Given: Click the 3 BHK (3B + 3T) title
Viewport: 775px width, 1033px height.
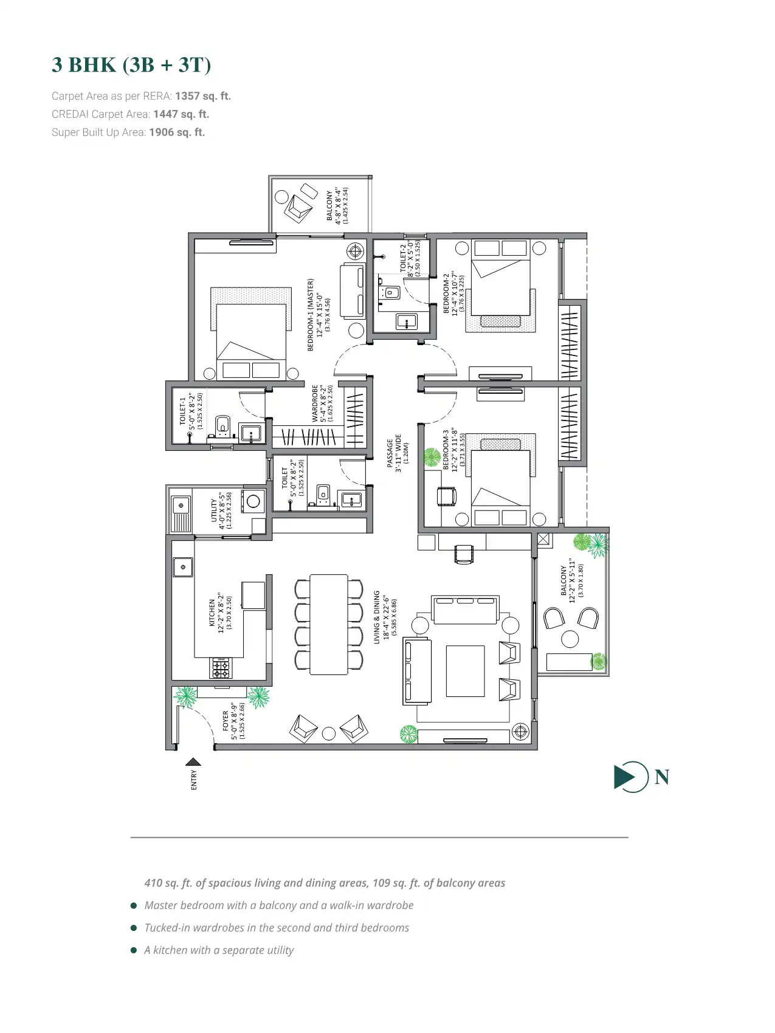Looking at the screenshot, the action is point(131,64).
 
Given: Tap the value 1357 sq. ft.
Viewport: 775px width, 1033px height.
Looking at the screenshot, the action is point(203,96).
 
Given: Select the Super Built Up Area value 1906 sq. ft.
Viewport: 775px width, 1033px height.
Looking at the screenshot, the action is point(177,132).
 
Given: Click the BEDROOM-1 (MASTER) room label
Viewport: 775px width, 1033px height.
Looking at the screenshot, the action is point(311,315).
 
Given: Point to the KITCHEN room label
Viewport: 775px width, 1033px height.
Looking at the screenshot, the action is point(212,613).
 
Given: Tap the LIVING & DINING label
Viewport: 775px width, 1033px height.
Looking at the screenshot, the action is point(377,617).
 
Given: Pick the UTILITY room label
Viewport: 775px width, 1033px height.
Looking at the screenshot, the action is point(214,510).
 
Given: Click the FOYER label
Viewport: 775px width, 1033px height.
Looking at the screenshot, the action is point(226,721).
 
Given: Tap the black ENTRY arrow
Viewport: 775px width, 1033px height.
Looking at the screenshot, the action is point(193,761).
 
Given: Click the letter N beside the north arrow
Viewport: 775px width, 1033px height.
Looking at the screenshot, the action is point(662,777).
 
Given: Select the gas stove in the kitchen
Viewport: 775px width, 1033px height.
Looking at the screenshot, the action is point(221,668).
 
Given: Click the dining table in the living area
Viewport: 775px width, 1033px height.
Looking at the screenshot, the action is point(329,624).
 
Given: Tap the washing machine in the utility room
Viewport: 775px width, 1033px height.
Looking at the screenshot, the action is point(253,502).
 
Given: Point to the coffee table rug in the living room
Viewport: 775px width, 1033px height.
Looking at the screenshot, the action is point(465,671).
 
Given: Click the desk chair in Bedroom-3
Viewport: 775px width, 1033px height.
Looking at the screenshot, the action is point(447,496).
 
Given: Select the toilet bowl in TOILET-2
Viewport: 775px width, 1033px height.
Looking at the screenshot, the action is point(389,293).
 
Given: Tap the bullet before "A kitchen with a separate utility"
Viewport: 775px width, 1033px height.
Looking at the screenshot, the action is point(134,950).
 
